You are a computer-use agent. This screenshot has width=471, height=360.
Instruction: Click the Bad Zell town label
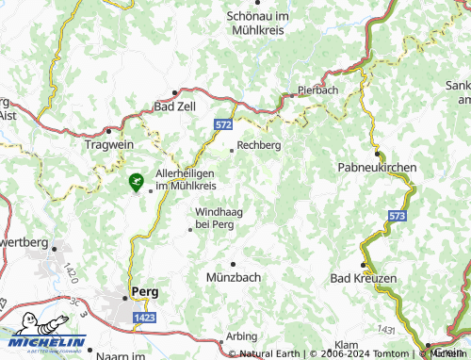[174, 107]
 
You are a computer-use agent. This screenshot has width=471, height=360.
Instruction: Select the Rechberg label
[259, 145]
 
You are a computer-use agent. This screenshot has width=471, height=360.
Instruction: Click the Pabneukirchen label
[377, 167]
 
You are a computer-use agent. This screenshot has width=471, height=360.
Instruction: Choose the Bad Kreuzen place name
[364, 279]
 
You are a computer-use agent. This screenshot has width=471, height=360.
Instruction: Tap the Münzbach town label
[233, 277]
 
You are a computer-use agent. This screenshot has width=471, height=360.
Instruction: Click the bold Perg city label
[145, 291]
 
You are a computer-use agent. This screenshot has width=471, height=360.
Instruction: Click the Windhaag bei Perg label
[215, 219]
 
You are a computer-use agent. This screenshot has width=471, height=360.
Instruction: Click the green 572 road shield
[222, 124]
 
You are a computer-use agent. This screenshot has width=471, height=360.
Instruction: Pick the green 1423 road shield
[144, 319]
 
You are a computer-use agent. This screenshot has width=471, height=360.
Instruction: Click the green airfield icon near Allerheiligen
[137, 178]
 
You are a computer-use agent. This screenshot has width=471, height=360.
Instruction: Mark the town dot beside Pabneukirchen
[377, 153]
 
